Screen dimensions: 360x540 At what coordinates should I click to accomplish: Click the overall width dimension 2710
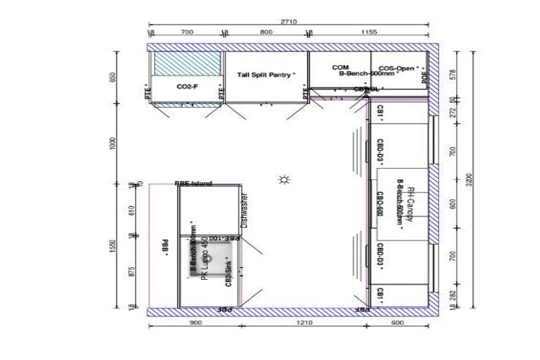click(288, 22)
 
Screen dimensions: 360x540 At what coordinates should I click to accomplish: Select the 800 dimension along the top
click(266, 32)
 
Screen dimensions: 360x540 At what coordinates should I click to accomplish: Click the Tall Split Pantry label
click(266, 75)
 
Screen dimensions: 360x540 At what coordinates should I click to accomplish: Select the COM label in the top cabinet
click(340, 67)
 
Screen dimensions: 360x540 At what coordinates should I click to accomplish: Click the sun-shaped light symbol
click(284, 180)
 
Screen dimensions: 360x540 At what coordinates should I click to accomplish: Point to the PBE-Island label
click(193, 184)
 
